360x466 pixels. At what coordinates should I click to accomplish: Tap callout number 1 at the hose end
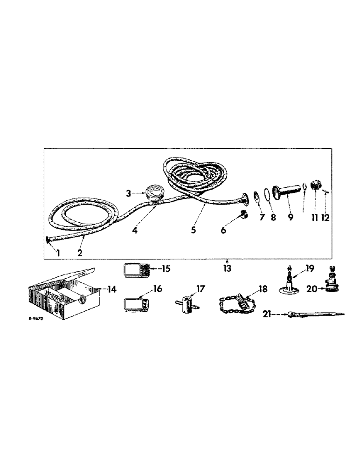58,253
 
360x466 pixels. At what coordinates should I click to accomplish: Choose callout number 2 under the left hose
80,254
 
